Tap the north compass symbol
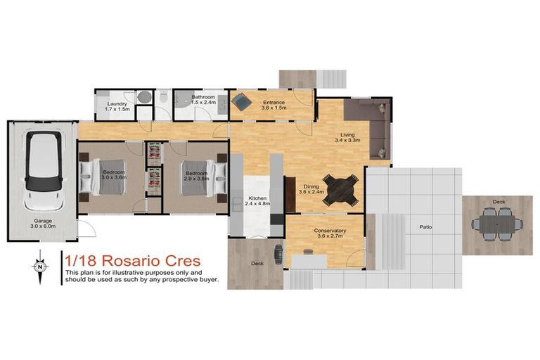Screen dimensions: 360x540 (x=41, y=266)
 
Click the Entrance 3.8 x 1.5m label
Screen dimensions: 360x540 (x=274, y=105)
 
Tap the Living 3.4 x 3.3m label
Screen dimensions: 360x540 (x=347, y=137)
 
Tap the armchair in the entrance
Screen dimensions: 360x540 (x=241, y=103)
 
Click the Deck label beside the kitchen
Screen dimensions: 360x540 (x=258, y=263)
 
